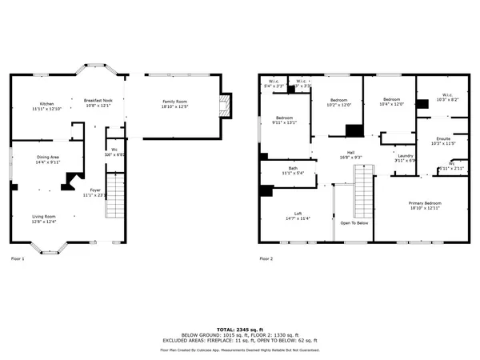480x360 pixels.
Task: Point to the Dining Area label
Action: point(48,159)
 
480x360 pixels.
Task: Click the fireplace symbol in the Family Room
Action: point(225,104)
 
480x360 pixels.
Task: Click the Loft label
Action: point(298,215)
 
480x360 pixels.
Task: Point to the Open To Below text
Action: point(354,223)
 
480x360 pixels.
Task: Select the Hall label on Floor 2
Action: point(350,154)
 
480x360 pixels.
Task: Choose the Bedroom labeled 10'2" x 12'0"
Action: point(338,102)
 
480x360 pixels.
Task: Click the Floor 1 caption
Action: point(18,259)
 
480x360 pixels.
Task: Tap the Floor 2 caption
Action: point(266,259)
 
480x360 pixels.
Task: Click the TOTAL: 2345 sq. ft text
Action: point(240,329)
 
